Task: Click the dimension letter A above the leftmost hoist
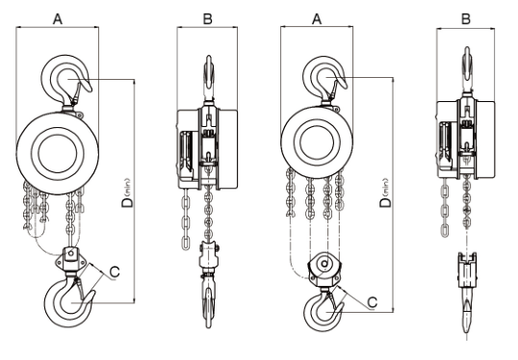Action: [58, 19]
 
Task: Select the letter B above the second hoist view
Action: [207, 19]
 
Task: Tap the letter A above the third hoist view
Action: [317, 19]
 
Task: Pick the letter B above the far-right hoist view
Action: [465, 19]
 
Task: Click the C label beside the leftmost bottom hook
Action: [115, 272]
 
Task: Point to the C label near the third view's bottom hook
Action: [373, 302]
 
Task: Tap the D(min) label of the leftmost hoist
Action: [127, 193]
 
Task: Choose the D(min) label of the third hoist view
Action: [385, 193]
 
